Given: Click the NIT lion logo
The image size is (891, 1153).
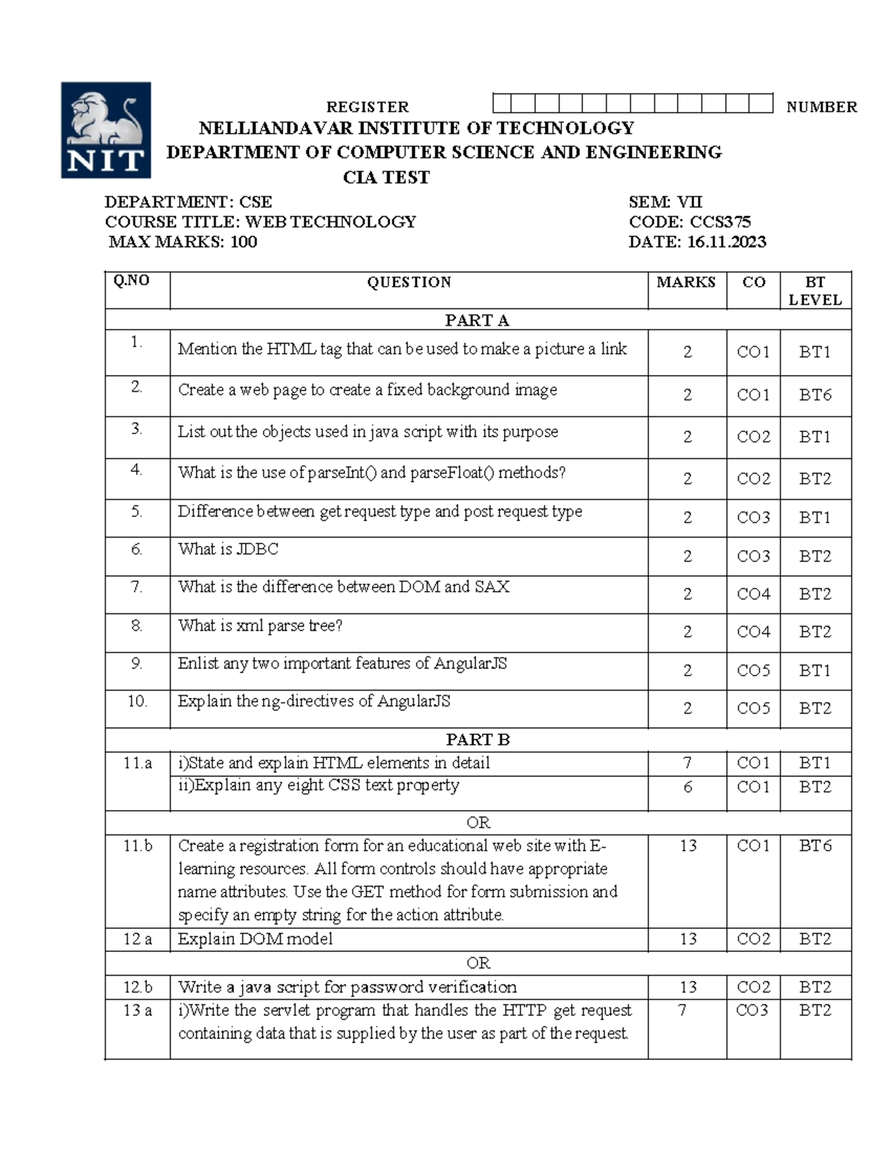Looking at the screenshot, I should tap(105, 130).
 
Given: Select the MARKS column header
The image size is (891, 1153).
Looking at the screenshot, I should tap(685, 282).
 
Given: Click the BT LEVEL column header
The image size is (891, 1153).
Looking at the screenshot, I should tap(815, 290).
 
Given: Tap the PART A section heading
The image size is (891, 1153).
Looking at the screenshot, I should tap(477, 320).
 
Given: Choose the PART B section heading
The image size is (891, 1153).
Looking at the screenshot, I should tap(477, 739).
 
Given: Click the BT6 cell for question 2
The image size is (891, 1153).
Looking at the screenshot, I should tap(815, 395).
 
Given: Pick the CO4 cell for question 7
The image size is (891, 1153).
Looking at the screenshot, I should tap(753, 594).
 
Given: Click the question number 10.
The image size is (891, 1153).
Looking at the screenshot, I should tap(137, 701).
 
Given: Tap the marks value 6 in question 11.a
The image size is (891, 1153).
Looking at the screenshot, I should tap(688, 787).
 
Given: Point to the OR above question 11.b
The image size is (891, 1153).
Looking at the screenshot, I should tap(478, 823).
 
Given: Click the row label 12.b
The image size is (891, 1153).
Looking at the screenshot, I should tap(137, 987).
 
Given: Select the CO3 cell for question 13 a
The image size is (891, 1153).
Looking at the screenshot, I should tap(753, 1010).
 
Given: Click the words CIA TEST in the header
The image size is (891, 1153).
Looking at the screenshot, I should tap(386, 177).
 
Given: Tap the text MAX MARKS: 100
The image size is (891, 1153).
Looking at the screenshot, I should tap(183, 242).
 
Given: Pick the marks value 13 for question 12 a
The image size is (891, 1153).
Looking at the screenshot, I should tap(688, 939).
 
